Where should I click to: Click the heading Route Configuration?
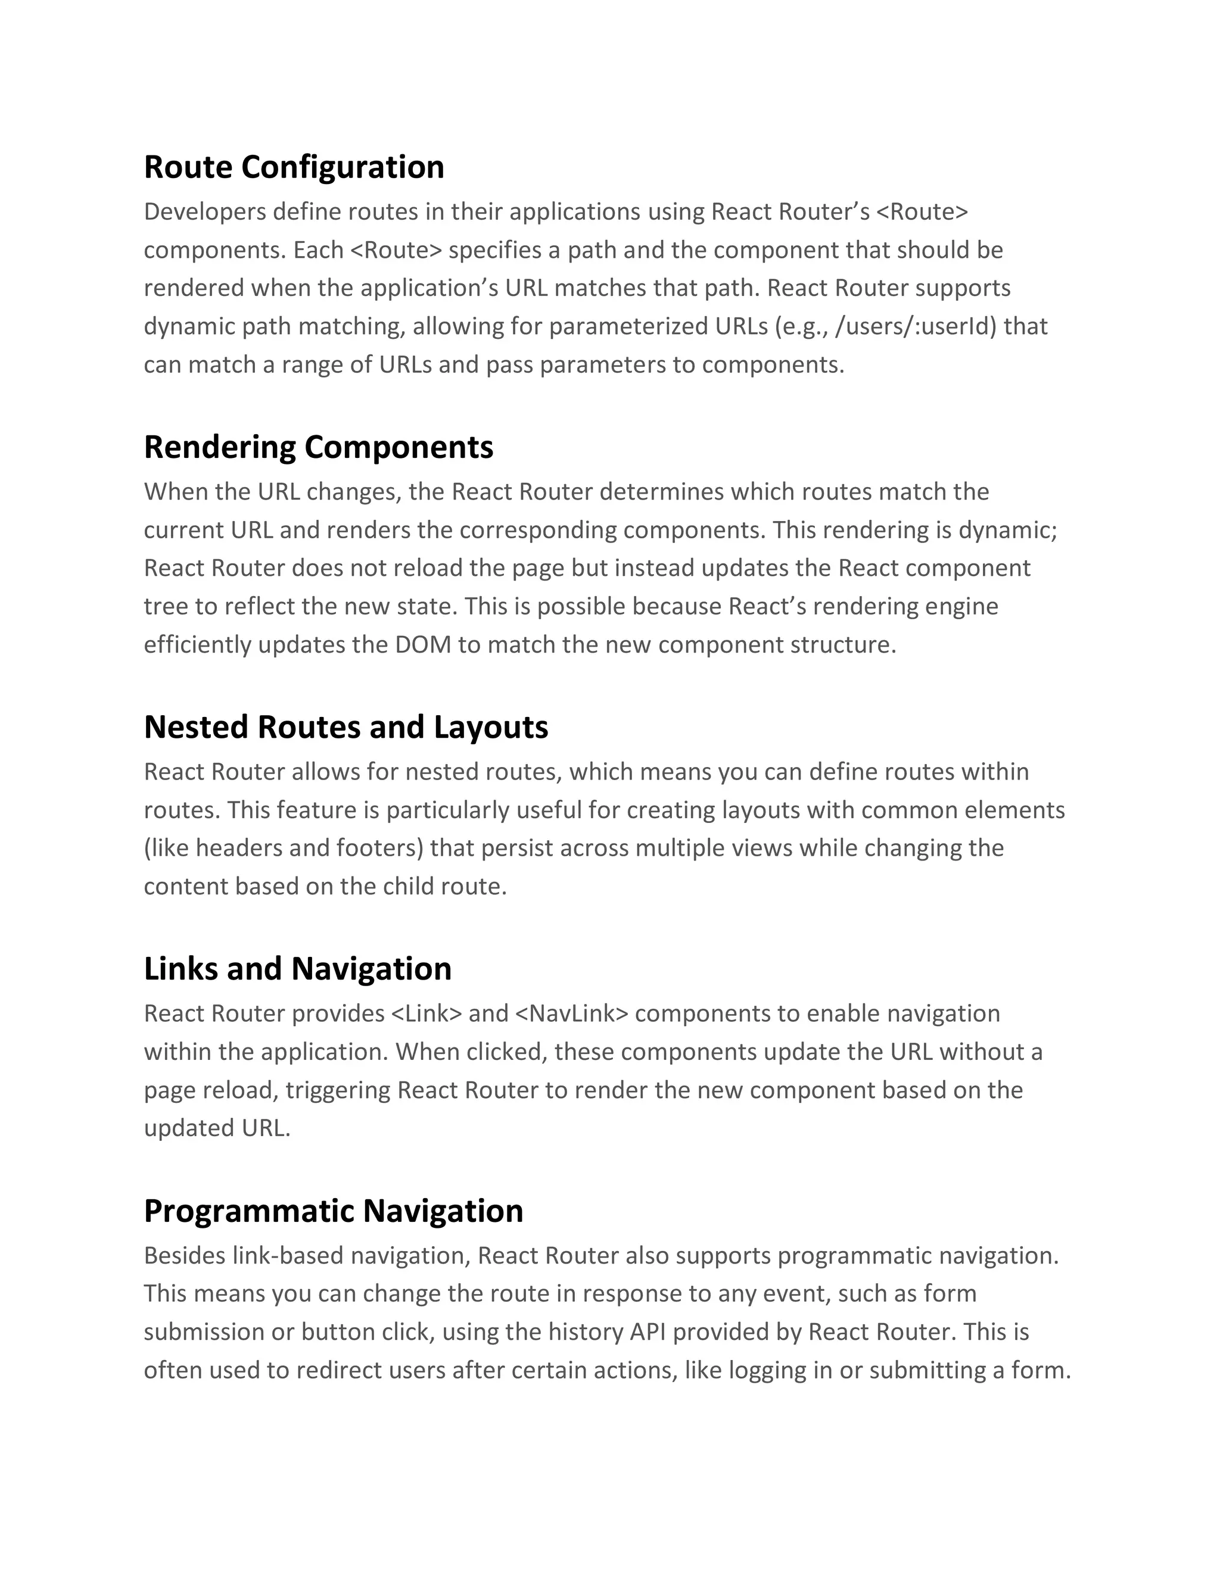(294, 167)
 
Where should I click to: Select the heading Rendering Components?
(318, 447)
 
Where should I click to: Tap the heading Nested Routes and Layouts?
(346, 727)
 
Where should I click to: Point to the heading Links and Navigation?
(297, 969)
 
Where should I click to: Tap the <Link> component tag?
(426, 1013)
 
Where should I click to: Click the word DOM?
(423, 644)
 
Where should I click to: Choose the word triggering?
(338, 1090)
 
